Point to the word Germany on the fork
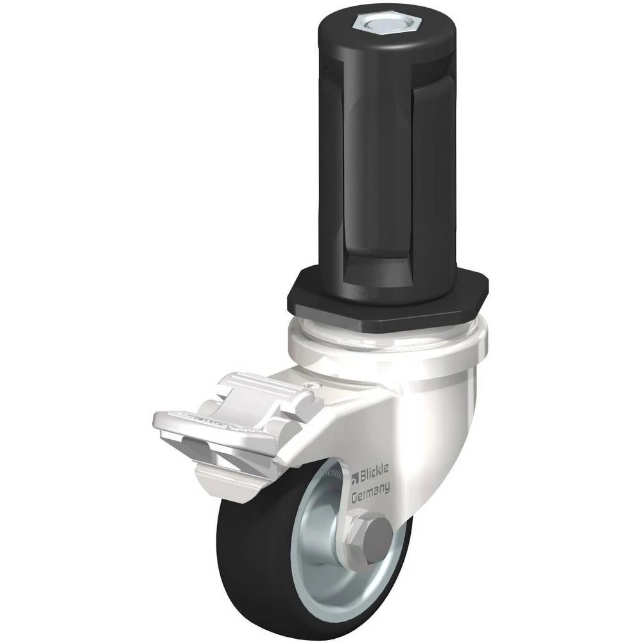point(370,492)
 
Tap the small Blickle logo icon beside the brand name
point(355,478)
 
